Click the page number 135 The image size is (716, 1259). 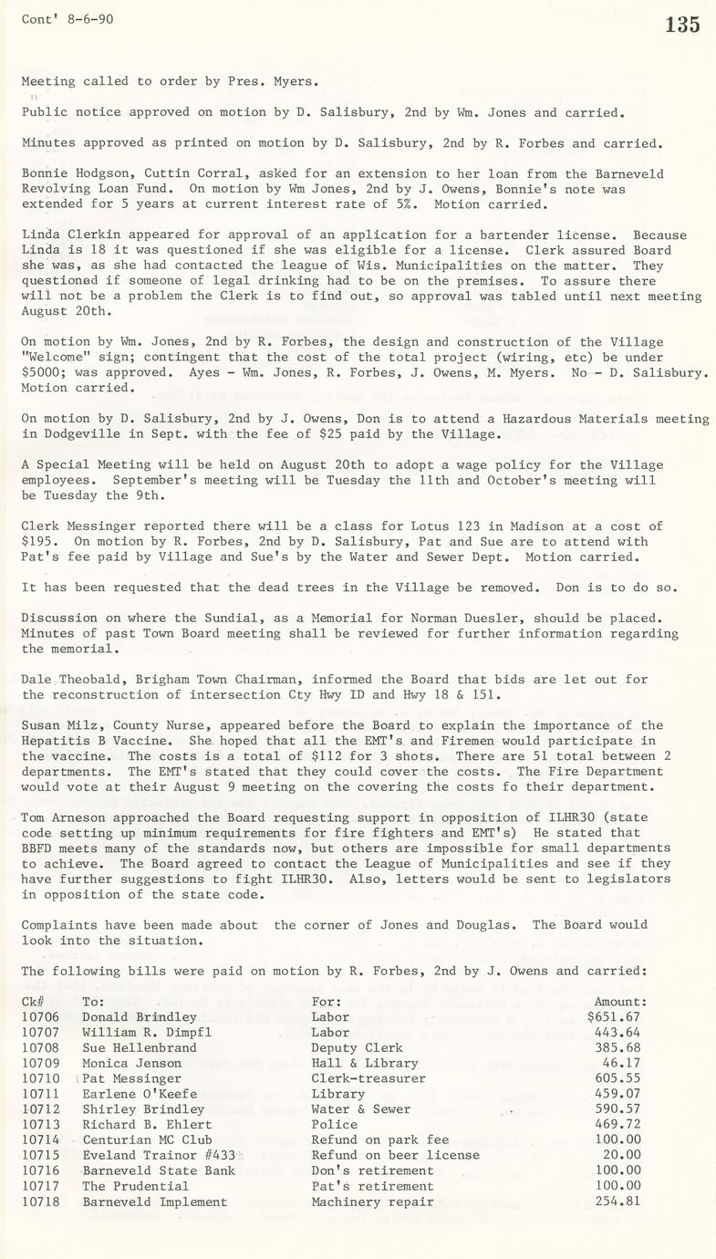682,25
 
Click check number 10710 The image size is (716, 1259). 40,1078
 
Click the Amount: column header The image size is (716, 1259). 620,1001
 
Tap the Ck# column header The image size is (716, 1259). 33,1001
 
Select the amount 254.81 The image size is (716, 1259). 617,1202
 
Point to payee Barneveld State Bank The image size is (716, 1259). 159,1171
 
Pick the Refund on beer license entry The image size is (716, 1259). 395,1155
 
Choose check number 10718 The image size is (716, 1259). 40,1202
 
